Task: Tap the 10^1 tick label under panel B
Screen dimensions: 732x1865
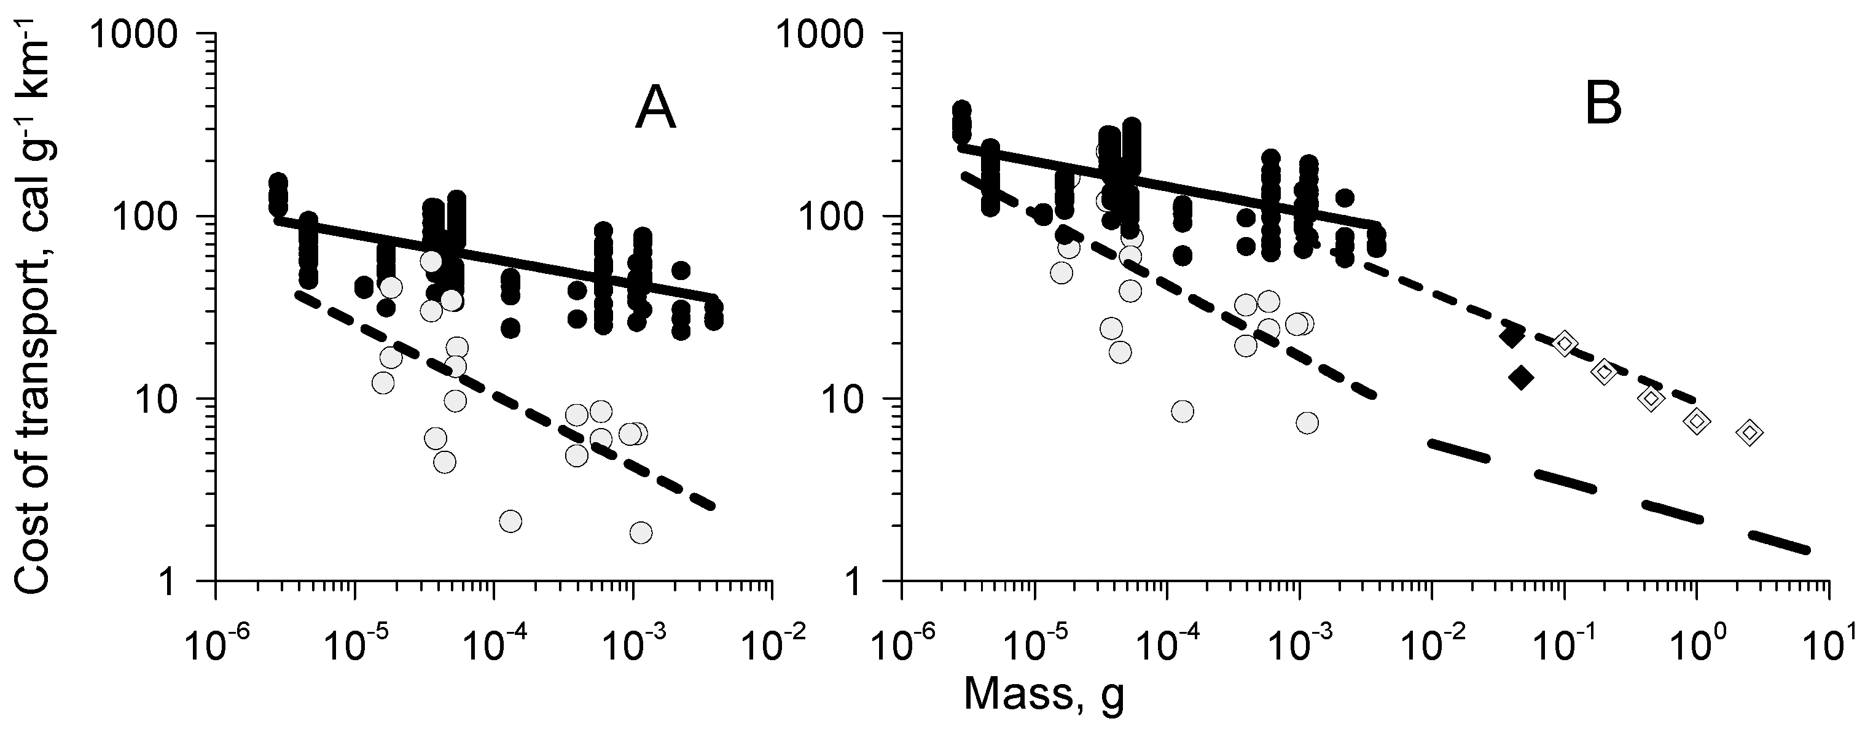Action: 1829,642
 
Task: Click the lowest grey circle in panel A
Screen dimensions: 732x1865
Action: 641,533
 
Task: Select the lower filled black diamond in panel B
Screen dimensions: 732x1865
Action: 1521,377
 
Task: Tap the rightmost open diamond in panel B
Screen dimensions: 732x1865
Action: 1749,433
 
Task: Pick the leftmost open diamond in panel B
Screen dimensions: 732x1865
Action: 1565,343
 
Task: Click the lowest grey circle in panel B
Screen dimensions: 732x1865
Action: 1307,423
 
